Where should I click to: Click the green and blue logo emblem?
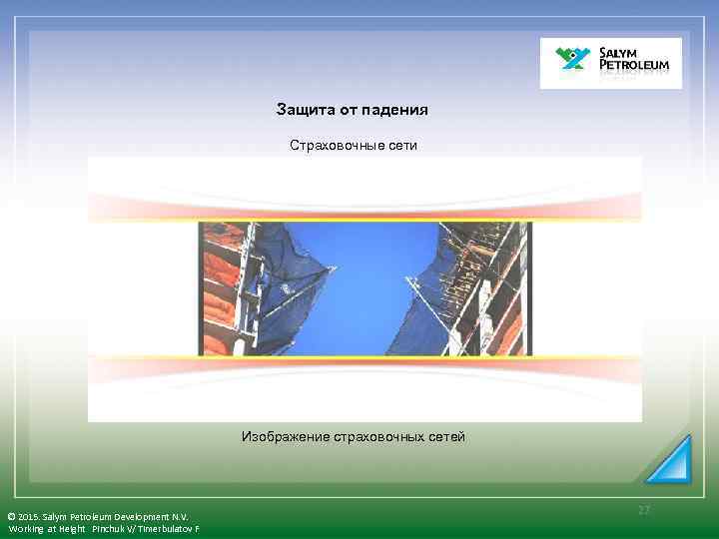(x=571, y=61)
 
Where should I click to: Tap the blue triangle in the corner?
(x=670, y=460)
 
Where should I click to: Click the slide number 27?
(x=644, y=510)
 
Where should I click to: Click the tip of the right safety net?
(x=406, y=274)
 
